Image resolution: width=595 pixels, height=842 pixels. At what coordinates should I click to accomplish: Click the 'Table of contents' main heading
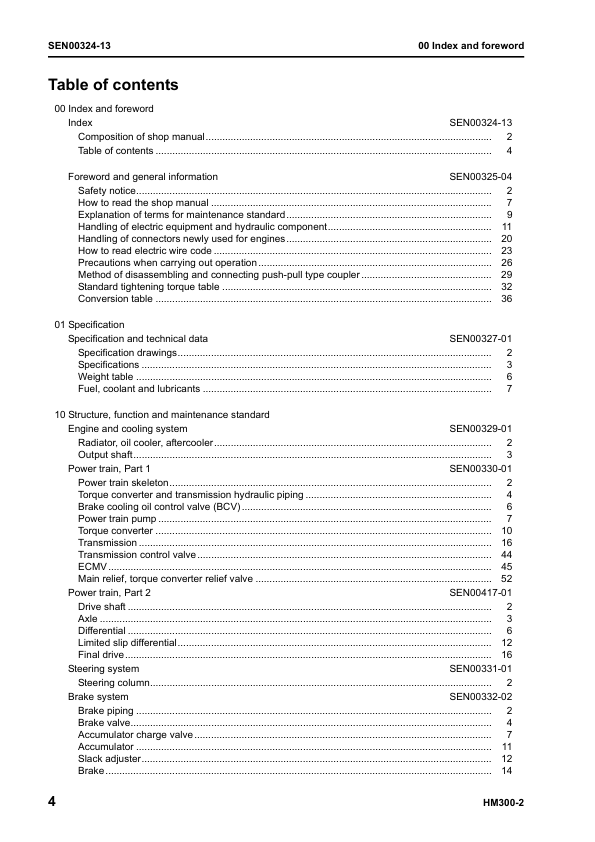pos(113,85)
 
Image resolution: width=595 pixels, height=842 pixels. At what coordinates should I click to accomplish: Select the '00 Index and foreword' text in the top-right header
pos(470,46)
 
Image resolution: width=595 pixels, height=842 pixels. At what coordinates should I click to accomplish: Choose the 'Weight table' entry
pos(106,377)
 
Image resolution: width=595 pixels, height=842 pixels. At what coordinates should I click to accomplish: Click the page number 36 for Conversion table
pos(506,299)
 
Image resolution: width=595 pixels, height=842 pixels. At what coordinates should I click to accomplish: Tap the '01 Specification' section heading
pos(89,325)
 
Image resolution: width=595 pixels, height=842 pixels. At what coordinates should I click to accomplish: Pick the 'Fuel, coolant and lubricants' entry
pos(139,389)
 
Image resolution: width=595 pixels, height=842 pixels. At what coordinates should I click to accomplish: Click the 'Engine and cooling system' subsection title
pos(127,429)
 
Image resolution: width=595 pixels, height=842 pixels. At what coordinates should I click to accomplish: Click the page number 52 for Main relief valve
pos(506,579)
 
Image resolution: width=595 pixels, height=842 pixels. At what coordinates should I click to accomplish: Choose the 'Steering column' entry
pos(114,683)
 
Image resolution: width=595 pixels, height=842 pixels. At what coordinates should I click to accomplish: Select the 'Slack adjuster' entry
pos(109,759)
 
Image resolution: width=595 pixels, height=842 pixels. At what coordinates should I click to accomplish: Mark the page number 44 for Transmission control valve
pos(506,554)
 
